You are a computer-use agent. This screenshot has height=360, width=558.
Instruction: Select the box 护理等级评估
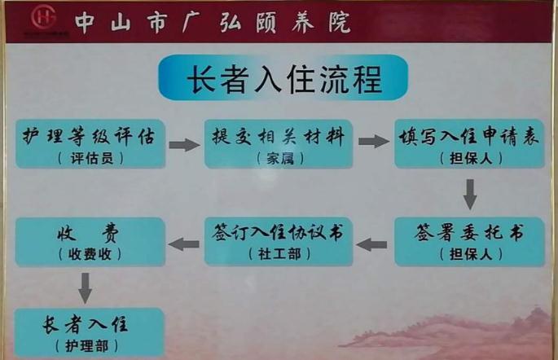click(x=90, y=144)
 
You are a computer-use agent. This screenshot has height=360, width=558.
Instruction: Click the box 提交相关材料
click(x=278, y=144)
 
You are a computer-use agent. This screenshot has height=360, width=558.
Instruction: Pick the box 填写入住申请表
click(x=468, y=144)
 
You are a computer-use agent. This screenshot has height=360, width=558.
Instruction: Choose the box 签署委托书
click(x=468, y=241)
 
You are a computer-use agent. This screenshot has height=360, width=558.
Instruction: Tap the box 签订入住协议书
click(x=278, y=241)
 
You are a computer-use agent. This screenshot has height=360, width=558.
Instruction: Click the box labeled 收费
click(x=90, y=242)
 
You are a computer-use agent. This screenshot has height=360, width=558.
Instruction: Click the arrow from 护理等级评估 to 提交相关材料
click(x=184, y=145)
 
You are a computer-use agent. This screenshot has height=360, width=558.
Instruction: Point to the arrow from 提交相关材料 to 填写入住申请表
click(x=373, y=142)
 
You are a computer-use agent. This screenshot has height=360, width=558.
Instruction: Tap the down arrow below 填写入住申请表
click(x=469, y=194)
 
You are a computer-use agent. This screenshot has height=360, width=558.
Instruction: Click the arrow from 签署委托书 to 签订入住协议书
click(x=373, y=243)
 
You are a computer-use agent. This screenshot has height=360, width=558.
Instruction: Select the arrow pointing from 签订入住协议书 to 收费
click(x=184, y=243)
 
